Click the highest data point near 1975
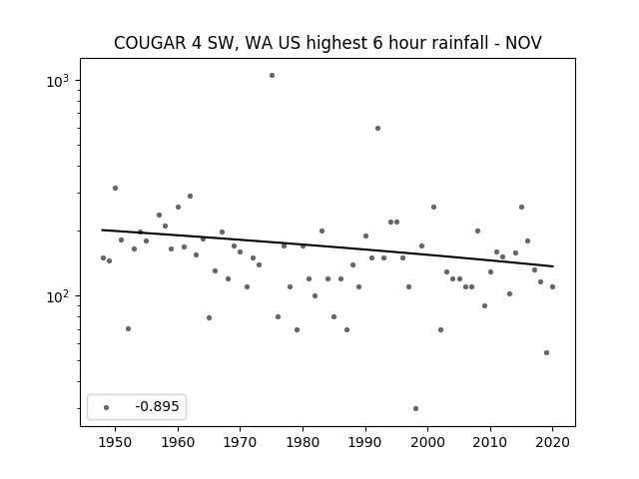point(272,76)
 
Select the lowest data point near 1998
point(415,408)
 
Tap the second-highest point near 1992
point(377,129)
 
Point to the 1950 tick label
point(115,442)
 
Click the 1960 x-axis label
point(178,442)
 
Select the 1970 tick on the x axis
point(240,442)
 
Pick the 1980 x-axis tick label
point(303,442)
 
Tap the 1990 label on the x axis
point(365,442)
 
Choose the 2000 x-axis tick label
point(427,442)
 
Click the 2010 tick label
point(490,442)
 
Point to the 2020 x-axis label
point(552,442)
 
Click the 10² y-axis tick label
point(58,296)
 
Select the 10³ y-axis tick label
point(58,81)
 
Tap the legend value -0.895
point(157,406)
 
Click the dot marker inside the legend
point(106,407)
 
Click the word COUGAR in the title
point(150,43)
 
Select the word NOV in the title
point(523,43)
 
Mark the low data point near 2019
point(546,352)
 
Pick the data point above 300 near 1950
point(116,189)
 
